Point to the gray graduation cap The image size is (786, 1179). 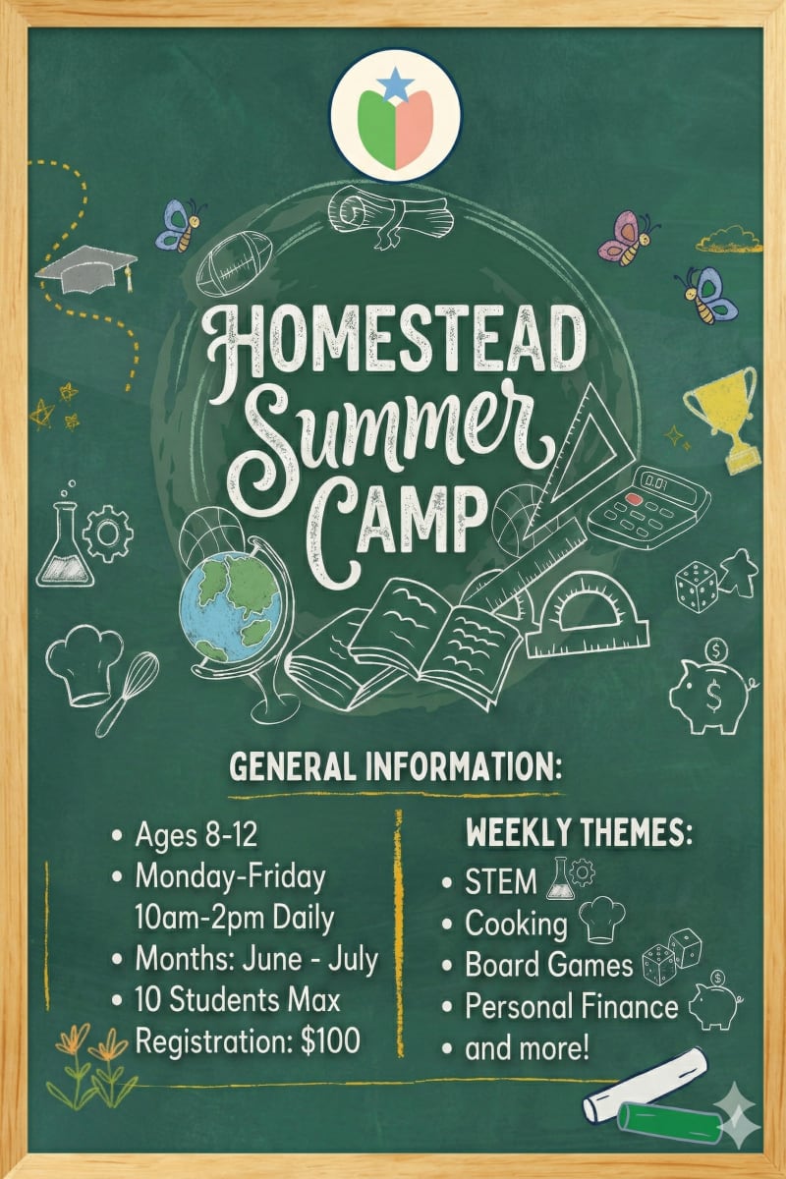(86, 266)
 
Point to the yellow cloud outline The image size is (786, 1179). (728, 239)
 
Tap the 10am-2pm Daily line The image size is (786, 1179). (235, 918)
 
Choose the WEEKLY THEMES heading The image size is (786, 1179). (579, 834)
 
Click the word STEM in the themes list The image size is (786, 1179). (501, 882)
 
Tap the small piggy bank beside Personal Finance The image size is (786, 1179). (715, 1001)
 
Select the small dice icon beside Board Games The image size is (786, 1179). (671, 956)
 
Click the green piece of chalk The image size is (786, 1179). (671, 1120)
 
